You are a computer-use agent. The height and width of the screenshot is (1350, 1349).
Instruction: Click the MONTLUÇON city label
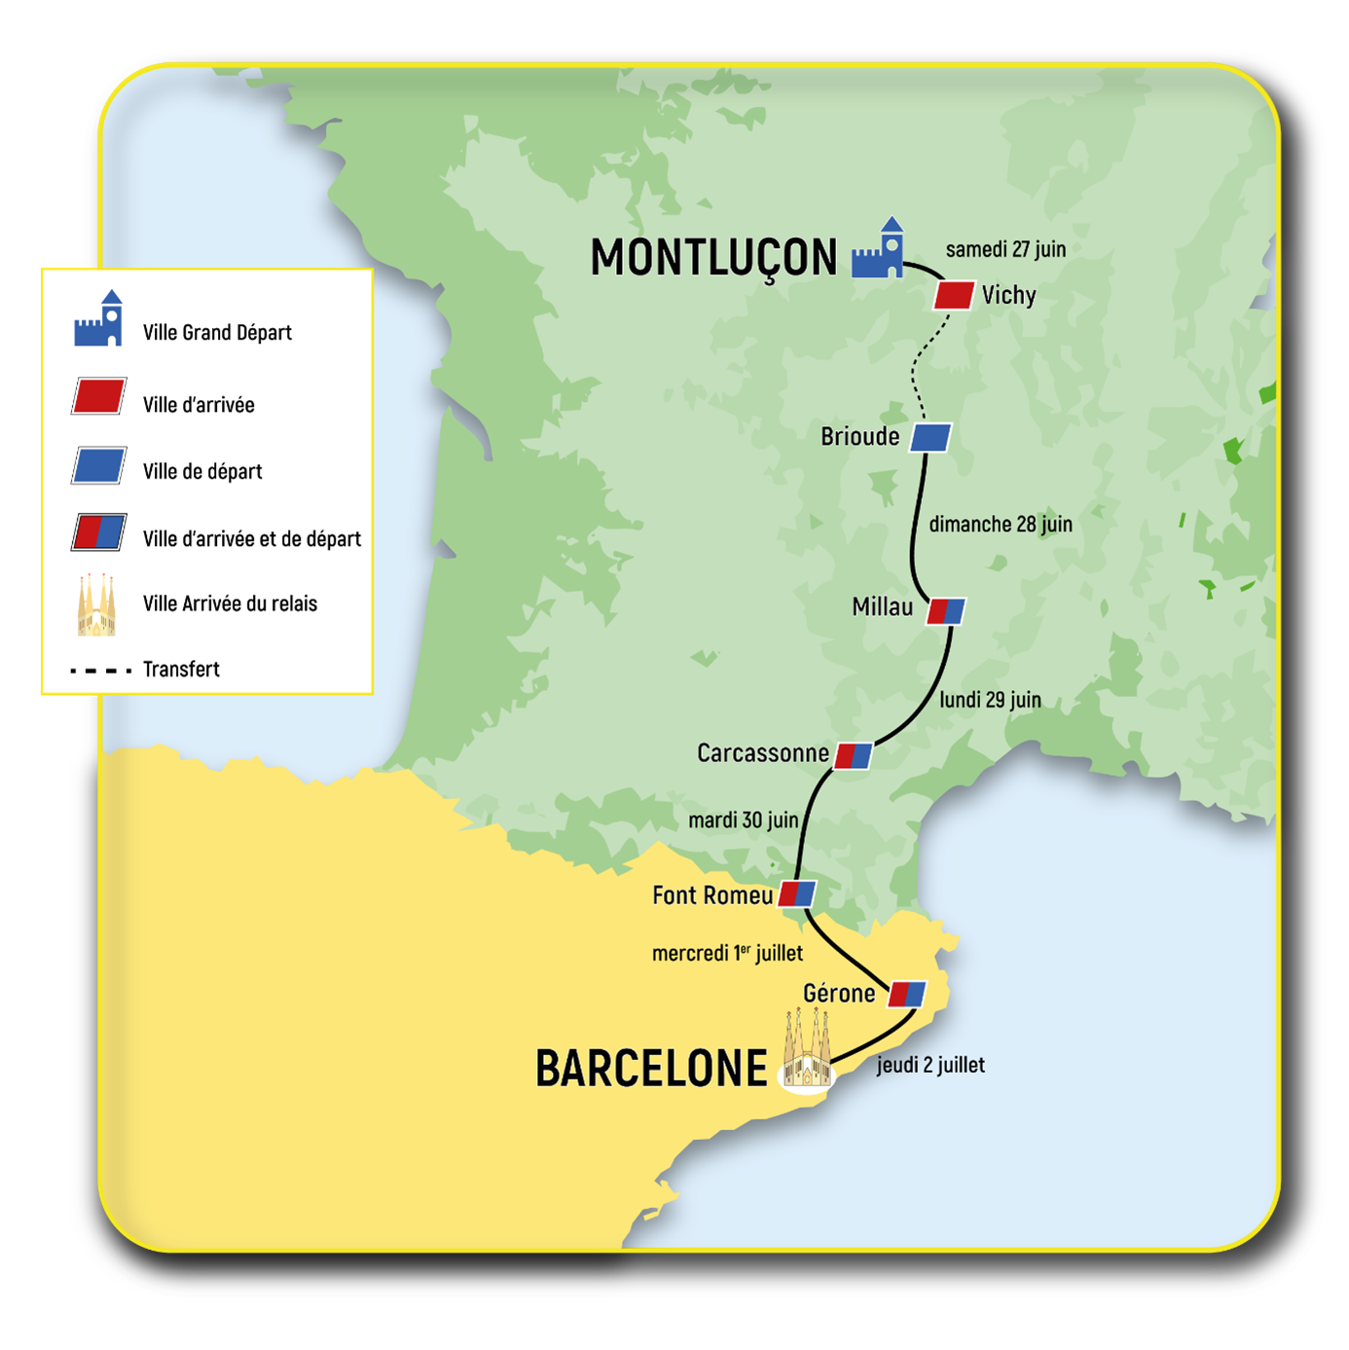pos(713,259)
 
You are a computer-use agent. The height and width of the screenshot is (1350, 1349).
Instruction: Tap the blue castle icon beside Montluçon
pos(878,251)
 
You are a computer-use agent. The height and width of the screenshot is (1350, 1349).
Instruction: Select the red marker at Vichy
pos(954,295)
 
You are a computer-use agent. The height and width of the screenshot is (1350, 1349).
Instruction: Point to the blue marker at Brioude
pos(930,437)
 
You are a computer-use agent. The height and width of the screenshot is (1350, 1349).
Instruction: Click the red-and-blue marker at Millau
pos(946,611)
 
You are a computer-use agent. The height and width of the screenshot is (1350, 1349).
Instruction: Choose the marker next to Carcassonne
pos(854,755)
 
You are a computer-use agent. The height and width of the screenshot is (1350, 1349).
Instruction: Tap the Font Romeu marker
pos(797,894)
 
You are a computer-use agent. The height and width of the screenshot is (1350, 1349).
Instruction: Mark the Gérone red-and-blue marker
pos(907,994)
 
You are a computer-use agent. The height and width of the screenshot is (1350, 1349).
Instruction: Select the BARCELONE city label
pos(651,1069)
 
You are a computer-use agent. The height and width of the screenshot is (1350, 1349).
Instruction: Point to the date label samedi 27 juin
pos(1005,249)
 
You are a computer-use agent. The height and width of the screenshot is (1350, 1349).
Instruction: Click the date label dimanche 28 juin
pos(1000,525)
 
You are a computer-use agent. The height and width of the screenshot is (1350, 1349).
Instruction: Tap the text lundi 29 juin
pos(990,700)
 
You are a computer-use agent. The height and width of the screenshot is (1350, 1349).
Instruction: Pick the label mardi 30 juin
pos(743,821)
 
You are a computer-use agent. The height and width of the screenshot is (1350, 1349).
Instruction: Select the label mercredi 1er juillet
pos(727,953)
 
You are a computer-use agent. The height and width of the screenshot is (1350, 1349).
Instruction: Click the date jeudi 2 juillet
pos(930,1065)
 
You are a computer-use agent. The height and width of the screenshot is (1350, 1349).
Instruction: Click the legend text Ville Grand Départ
pos(217,333)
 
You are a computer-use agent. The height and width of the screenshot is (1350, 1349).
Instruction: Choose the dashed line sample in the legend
pos(100,671)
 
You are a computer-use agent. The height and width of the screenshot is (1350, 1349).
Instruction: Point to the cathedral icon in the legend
pos(96,605)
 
